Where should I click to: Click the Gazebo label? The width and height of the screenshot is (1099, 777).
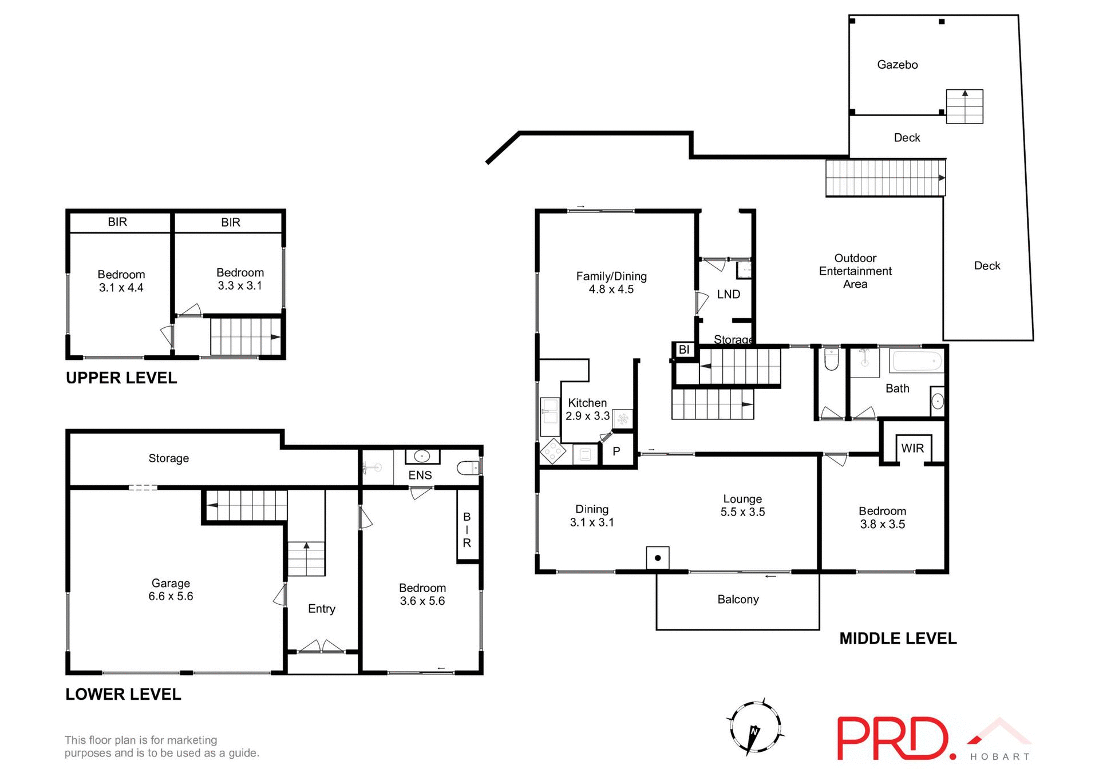pos(897,65)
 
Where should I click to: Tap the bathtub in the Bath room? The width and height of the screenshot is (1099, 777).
pos(917,362)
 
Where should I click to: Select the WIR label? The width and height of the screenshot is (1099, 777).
pos(912,448)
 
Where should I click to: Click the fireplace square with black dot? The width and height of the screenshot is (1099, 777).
pos(658,557)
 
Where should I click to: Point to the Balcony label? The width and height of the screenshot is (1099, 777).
pos(738,599)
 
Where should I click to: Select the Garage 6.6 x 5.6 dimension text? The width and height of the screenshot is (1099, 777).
pos(171,596)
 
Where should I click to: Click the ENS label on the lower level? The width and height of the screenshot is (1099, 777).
pos(420,475)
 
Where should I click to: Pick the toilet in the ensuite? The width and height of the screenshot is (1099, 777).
pos(468,469)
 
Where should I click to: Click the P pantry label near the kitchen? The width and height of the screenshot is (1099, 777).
pos(616,451)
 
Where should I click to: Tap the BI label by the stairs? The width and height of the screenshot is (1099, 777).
pos(683,350)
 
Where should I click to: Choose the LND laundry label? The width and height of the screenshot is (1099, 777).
pos(728,294)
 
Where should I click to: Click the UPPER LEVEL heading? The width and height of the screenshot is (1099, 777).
pos(121,378)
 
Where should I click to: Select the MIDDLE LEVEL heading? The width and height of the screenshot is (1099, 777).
pos(898,639)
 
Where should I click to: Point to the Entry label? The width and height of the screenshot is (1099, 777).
pos(321,608)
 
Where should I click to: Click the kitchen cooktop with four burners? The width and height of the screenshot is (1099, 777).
pos(553,451)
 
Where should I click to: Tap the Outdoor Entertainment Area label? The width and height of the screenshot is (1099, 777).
pos(855,271)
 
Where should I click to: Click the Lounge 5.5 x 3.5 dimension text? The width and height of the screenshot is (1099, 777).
pos(742,512)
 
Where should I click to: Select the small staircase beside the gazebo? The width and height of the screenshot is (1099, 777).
pos(964,106)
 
